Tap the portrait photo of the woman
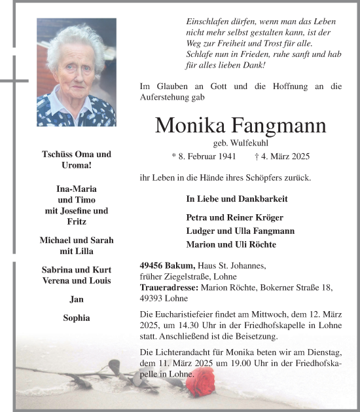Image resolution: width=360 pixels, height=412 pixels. click(76, 72)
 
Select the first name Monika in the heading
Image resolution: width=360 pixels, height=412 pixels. click(189, 125)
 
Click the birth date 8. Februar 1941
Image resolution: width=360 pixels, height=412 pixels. click(204, 157)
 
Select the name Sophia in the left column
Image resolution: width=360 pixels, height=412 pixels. click(76, 318)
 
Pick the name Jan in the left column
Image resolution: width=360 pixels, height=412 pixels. click(76, 299)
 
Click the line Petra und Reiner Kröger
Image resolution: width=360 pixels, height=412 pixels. click(234, 217)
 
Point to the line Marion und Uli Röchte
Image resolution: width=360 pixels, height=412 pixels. click(231, 244)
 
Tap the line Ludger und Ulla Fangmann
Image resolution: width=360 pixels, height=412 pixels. click(240, 231)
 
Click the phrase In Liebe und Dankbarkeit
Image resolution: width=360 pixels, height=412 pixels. click(237, 198)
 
